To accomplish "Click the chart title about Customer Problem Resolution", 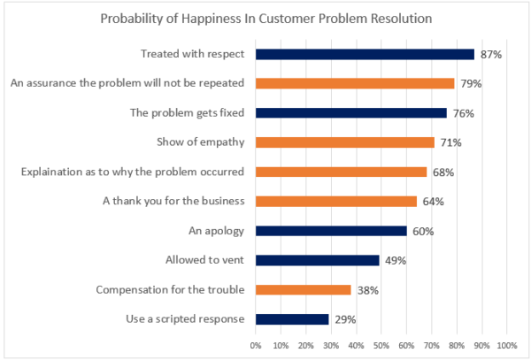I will point(265,19).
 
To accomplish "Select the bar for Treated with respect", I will point(365,54).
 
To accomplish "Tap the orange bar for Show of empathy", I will point(344,142).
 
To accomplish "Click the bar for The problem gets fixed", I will point(350,113).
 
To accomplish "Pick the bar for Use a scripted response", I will point(292,319).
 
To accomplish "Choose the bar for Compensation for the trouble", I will point(304,290).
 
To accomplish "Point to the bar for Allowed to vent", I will point(317,260).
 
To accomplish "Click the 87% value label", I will point(491,54).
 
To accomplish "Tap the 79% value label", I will point(471,84).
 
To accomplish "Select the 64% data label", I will point(433,202).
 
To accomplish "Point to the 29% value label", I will point(345,319).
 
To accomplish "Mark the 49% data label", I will point(396,260).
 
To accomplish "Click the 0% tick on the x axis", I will point(256,345).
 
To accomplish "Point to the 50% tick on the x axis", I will point(381,345).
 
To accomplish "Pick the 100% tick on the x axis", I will point(507,345).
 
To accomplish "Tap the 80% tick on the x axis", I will point(457,345).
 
